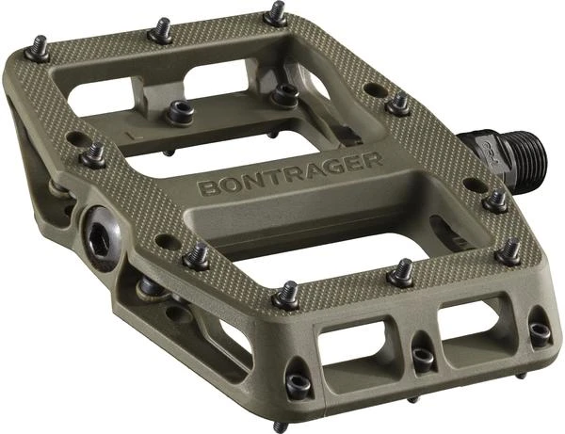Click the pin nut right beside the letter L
(180, 111)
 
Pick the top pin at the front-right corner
(508, 250)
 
